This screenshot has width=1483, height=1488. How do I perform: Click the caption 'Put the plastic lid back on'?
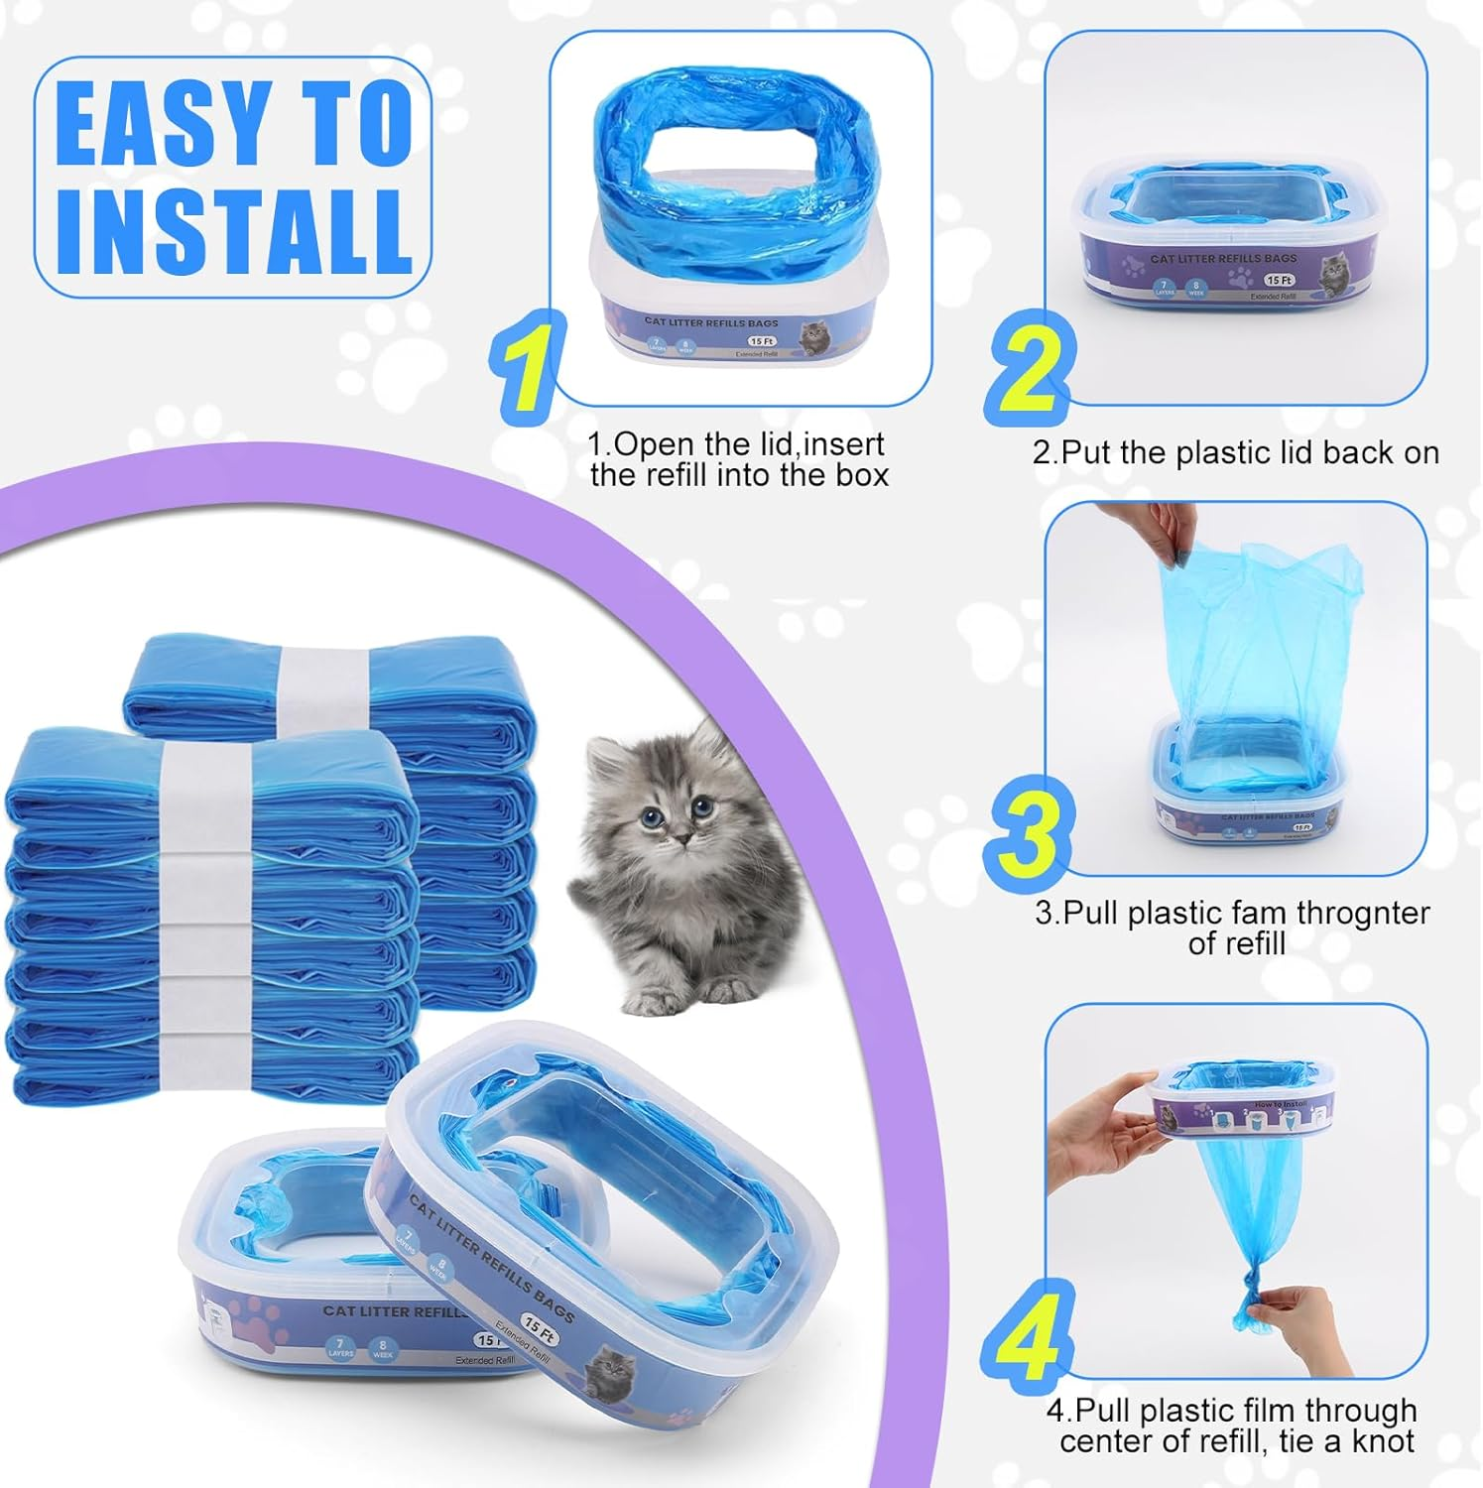click(1235, 452)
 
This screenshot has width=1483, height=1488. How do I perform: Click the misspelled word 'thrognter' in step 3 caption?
click(1351, 913)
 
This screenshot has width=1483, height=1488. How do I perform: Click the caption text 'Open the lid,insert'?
click(735, 443)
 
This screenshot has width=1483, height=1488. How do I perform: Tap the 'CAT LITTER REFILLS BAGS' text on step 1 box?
click(710, 322)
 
